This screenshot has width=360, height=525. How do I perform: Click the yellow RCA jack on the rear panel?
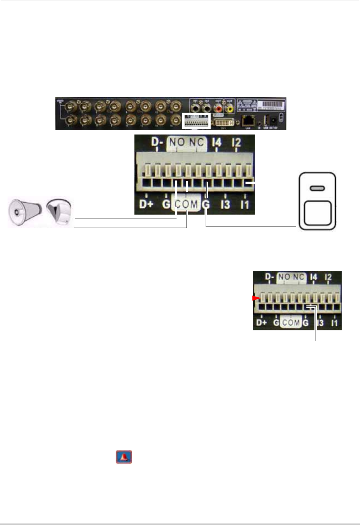tap(229, 109)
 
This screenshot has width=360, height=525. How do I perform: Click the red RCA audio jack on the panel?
tap(219, 109)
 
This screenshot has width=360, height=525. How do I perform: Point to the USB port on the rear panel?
tap(266, 119)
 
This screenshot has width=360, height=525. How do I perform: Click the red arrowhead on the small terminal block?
tap(256, 298)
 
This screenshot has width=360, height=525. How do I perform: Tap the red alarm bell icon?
tap(124, 457)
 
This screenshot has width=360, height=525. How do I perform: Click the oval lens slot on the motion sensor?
tap(317, 189)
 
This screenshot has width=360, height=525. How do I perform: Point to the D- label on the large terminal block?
tap(157, 142)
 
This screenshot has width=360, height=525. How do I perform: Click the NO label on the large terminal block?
tap(177, 142)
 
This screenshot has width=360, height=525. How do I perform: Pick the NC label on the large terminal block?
tap(197, 142)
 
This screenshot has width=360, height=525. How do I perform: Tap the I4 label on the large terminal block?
tap(216, 143)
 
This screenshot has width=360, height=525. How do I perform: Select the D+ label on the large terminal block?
tap(146, 204)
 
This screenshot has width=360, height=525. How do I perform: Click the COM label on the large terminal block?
tap(187, 204)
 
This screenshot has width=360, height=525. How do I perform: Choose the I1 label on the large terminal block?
tap(245, 204)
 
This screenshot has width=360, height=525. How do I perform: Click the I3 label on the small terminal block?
tap(320, 323)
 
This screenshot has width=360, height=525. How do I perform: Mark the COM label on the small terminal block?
tap(291, 323)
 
